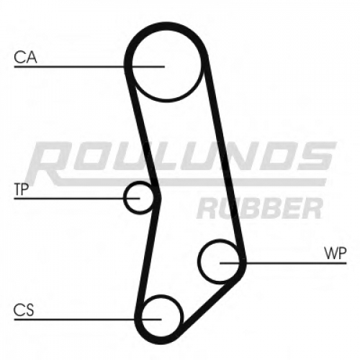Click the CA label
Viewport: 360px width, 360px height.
25,58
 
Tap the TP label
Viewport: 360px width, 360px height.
22,189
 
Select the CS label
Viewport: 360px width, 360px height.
24,310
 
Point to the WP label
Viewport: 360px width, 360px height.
335,253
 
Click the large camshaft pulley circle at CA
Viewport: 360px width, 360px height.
132,65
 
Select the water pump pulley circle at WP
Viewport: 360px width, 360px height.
199,261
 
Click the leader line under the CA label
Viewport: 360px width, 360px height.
89,66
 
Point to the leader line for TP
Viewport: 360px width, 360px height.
77,199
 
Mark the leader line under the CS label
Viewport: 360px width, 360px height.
88,320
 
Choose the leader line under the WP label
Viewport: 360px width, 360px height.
283,264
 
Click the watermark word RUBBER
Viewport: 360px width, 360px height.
260,208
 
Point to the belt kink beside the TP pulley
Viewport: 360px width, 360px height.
158,197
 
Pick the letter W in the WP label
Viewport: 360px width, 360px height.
330,253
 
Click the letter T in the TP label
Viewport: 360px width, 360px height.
18,189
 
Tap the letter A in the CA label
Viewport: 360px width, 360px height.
32,58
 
